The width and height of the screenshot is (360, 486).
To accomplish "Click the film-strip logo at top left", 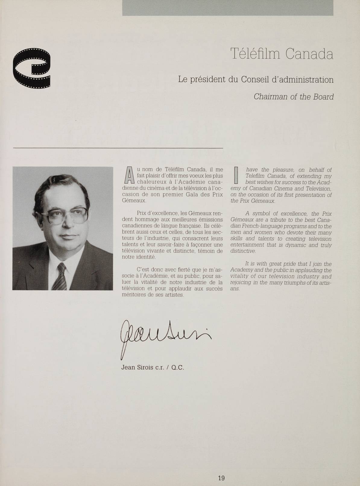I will click(32, 68).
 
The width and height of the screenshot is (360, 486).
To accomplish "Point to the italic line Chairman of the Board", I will click(294, 97).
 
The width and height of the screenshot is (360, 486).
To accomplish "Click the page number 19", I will click(221, 469).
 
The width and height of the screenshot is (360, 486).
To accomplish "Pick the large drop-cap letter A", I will click(129, 175).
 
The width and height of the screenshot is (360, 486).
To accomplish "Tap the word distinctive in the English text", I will click(243, 251).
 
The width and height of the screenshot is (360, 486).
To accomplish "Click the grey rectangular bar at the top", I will click(228, 8).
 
